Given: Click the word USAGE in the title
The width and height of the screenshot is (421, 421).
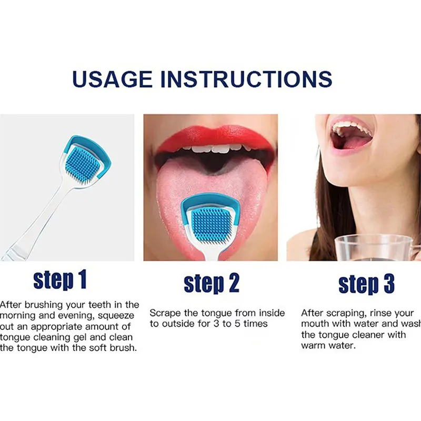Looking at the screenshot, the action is [113, 79].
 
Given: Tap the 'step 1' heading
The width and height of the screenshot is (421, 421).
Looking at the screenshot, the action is [60, 280].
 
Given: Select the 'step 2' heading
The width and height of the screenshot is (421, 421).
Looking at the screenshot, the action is [212, 284].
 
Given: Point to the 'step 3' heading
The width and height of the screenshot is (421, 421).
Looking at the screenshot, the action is [366, 284].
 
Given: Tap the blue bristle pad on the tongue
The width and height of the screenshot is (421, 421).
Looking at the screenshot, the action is [211, 223].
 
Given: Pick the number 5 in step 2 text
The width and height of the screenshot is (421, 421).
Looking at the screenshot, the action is [237, 324].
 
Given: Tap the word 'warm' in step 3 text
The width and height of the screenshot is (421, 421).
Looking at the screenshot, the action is [313, 346].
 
